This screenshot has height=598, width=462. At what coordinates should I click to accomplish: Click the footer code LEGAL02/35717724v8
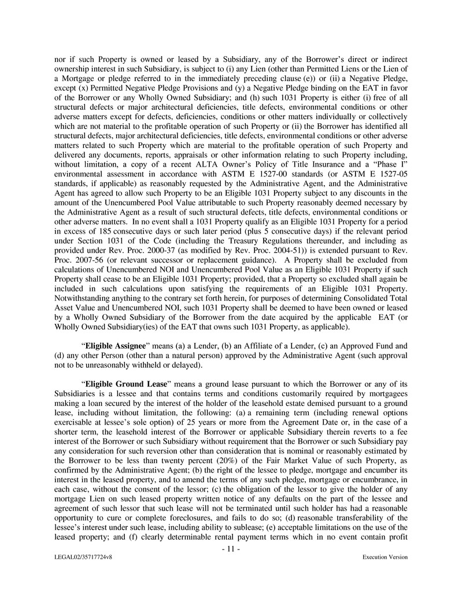pyautogui.click(x=80, y=558)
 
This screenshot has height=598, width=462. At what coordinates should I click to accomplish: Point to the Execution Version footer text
pyautogui.click(x=385, y=558)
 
